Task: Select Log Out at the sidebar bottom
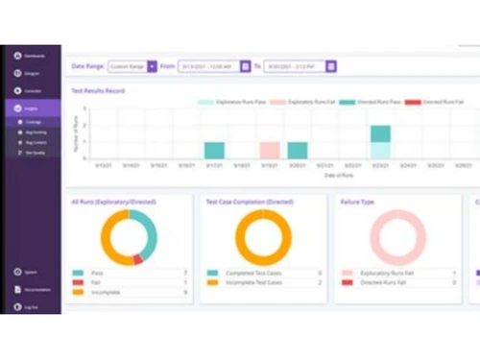(29, 306)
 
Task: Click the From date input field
(208, 66)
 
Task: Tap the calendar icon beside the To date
(331, 66)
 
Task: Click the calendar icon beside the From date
(246, 66)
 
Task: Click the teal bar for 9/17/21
(215, 151)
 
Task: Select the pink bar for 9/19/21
(270, 151)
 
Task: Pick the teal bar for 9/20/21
(298, 151)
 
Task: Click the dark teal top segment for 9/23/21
(380, 133)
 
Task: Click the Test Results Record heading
(98, 90)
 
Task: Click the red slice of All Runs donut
(137, 259)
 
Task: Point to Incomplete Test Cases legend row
(253, 282)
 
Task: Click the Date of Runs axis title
(284, 177)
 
